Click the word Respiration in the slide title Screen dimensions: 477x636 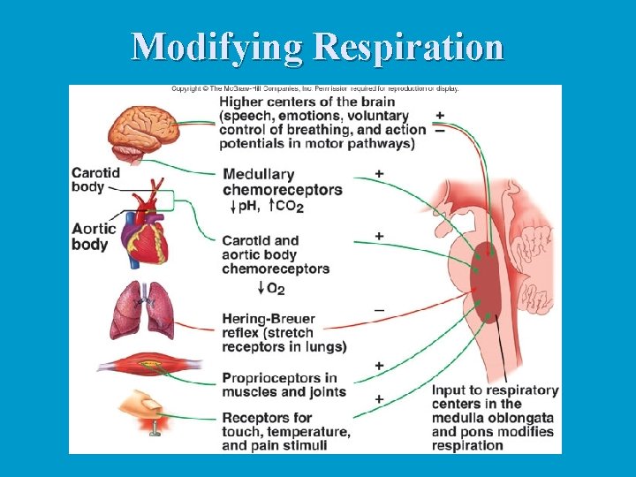pos(407,46)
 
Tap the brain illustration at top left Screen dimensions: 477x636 pos(143,132)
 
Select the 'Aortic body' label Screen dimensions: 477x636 pos(94,236)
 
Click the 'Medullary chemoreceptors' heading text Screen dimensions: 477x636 pos(282,182)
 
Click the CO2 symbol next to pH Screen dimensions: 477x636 pos(290,207)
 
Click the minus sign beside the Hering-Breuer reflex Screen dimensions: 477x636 pos(379,310)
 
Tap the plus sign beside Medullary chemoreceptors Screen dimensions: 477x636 pos(379,173)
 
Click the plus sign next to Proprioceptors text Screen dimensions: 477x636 pos(379,365)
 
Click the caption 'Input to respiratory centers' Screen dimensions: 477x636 pos(495,397)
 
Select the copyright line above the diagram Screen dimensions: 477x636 pos(314,88)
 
